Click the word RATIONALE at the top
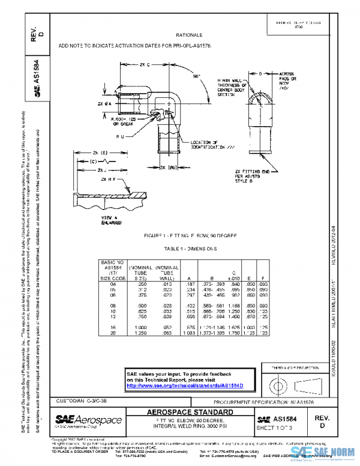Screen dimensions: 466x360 coord(189,35)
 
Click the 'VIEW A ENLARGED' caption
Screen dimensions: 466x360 coord(95,219)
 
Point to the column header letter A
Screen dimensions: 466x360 coord(190,278)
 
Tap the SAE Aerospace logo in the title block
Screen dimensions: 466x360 coord(89,419)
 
